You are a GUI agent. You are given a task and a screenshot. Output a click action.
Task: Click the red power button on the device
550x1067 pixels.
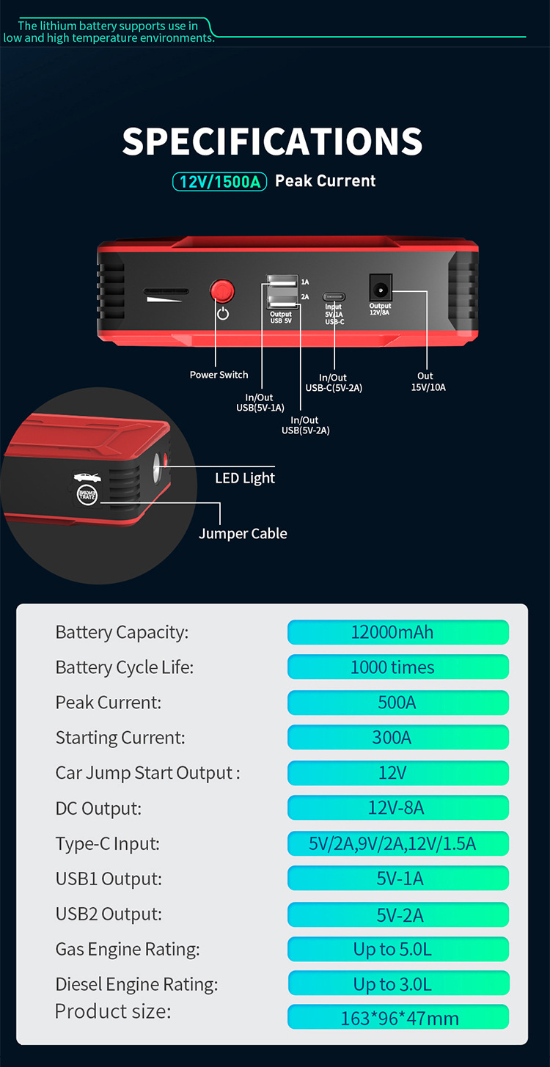221,291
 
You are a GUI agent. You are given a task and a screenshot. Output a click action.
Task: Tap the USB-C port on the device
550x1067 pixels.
334,297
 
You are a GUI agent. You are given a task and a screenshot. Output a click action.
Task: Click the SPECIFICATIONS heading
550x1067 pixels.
272,141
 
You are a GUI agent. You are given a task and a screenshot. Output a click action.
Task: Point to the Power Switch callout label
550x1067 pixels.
219,375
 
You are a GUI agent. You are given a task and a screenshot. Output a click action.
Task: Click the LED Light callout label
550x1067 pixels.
245,478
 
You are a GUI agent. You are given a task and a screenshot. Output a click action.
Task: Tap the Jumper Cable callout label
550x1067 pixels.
243,533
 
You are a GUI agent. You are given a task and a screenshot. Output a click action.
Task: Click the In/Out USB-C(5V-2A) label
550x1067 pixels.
334,383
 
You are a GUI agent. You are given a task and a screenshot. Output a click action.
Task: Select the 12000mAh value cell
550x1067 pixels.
397,632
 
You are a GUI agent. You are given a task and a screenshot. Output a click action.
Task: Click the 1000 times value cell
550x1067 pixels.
397,667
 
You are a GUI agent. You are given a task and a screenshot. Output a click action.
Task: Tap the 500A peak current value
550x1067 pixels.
397,703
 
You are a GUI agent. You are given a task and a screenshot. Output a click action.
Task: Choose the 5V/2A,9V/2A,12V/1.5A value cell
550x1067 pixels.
397,843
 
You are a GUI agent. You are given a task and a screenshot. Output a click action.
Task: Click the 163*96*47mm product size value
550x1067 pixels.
397,1018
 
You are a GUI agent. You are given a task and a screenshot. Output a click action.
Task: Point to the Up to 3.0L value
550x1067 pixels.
397,983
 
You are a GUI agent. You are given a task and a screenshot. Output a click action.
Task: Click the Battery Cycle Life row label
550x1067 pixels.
125,667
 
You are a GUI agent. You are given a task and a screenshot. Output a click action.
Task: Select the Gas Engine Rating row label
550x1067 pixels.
128,949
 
